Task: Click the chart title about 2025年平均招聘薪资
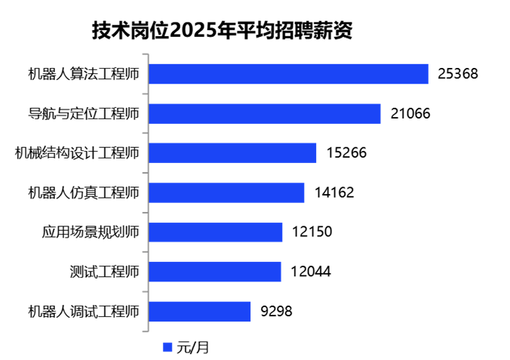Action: pos(223,30)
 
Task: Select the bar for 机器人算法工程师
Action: pos(289,73)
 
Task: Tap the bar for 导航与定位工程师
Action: pos(265,113)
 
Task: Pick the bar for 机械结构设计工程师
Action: pos(232,152)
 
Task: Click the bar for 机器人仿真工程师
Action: pos(226,192)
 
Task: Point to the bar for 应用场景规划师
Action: pos(216,232)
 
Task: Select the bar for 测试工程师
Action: pos(215,272)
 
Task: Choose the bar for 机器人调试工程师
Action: pos(199,311)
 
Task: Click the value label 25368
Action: pos(458,74)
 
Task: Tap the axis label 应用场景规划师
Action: pos(91,232)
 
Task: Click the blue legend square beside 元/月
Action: pos(167,347)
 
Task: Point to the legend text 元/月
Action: pos(192,347)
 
